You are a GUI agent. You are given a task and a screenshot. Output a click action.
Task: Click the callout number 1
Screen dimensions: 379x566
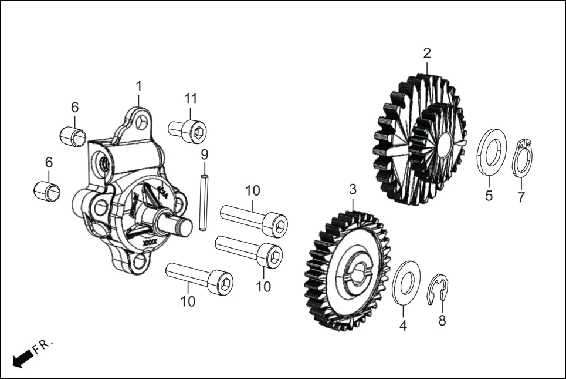139,86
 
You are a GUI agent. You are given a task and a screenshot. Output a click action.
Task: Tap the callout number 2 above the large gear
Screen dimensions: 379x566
427,53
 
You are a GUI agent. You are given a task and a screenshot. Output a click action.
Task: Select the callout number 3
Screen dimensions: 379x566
353,189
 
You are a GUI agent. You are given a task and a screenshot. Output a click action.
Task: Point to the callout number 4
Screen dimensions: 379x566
403,326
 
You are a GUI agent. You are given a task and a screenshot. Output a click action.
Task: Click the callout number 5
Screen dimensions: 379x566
489,196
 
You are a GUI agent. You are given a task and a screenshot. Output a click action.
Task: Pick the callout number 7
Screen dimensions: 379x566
521,197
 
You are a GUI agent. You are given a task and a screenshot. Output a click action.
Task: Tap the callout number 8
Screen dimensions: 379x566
442,320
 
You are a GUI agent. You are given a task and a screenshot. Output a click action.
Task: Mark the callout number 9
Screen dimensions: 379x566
204,155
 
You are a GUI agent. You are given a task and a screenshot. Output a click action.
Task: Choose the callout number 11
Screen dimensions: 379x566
191,98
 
